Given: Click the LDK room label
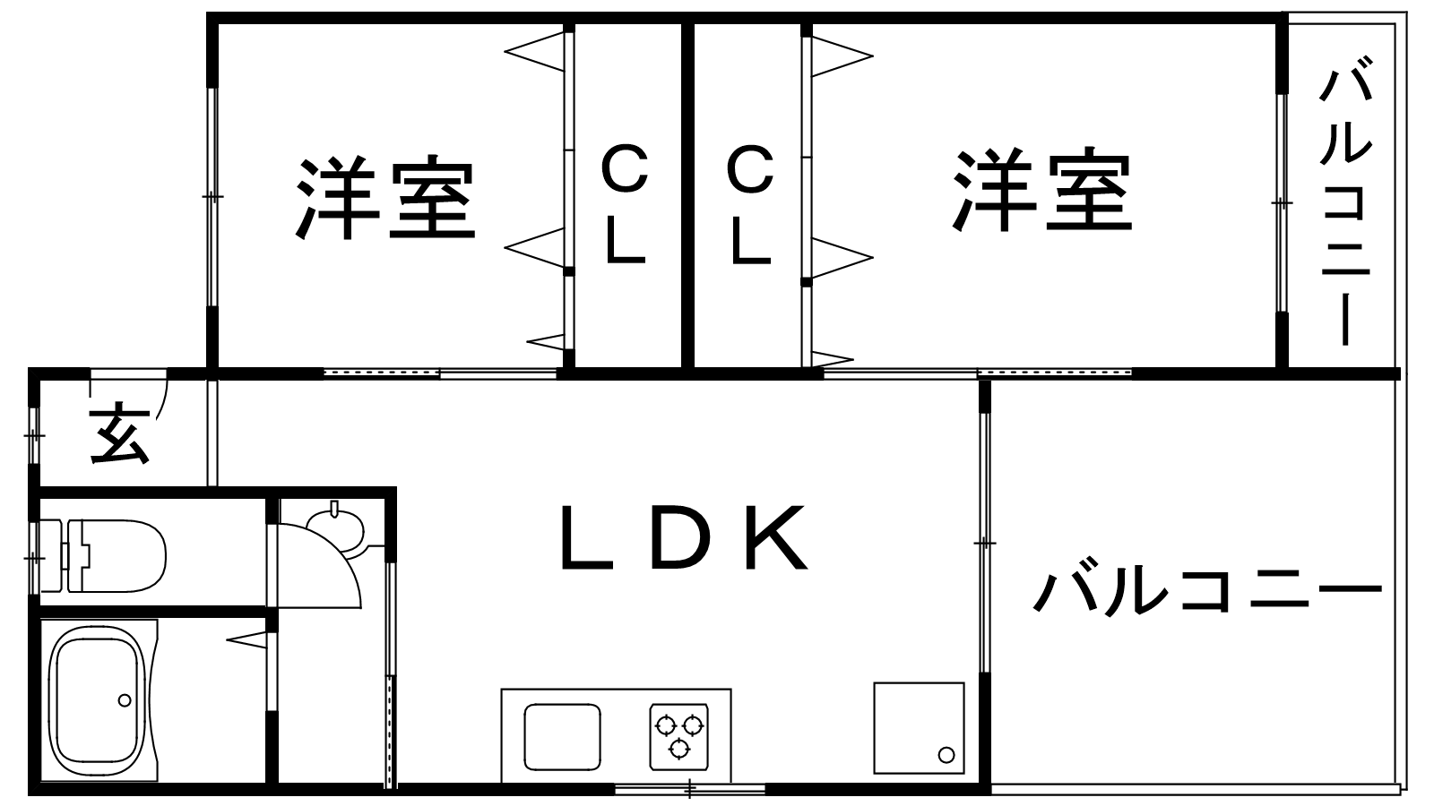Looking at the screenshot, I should point(684,538).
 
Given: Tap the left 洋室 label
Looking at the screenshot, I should point(385,198).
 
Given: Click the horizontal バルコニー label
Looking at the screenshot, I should point(1208,591).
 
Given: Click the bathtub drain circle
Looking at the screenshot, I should point(125,699).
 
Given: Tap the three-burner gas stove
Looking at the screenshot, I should point(678,734).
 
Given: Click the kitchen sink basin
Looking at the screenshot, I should point(562,736).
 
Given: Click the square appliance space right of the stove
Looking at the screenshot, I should point(919,728).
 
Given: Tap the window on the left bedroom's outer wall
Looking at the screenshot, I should point(212,196).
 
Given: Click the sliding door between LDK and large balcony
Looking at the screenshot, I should point(985,543).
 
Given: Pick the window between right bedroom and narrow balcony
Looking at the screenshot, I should point(1282,203).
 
